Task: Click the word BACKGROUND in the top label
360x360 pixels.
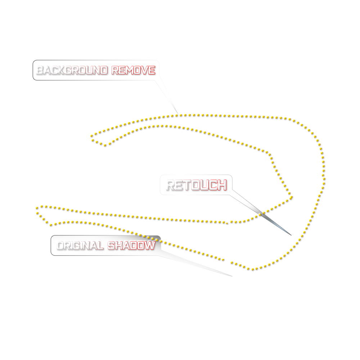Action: (x=72, y=70)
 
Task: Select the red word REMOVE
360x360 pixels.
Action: (x=133, y=70)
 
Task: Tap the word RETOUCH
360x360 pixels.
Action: (x=197, y=185)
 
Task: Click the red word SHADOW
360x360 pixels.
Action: (x=131, y=246)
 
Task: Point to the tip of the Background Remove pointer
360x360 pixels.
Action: (x=178, y=114)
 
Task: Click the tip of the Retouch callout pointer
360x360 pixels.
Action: (x=291, y=235)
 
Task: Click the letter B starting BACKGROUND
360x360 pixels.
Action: (x=40, y=70)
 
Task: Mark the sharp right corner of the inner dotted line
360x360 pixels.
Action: (x=291, y=197)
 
